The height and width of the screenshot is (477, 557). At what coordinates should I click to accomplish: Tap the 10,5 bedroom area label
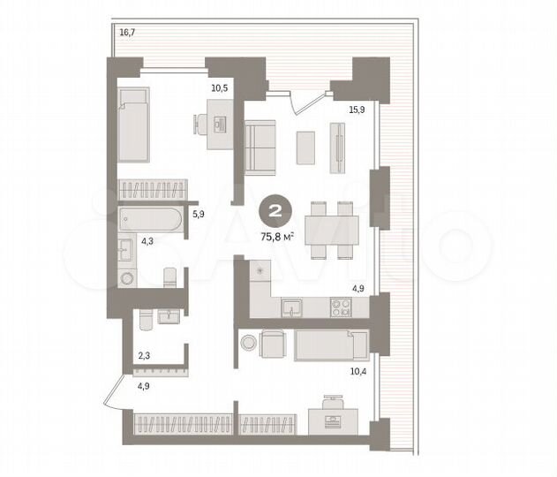219,87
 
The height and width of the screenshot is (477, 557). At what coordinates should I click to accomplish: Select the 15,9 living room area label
357,110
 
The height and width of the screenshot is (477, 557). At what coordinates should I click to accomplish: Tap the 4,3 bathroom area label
124,240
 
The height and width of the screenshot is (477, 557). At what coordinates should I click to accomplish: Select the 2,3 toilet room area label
143,356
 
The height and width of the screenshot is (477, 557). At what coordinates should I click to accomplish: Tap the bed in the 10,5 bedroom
133,124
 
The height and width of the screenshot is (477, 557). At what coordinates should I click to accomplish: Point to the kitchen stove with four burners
340,307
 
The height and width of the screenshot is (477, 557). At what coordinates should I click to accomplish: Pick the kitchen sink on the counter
292,307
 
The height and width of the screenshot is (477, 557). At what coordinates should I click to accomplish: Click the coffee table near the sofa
305,147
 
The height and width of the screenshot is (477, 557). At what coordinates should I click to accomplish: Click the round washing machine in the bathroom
126,276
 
